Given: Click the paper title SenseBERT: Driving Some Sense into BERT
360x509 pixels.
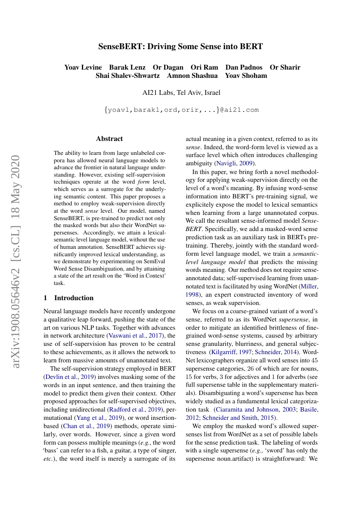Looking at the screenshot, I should tap(180, 46).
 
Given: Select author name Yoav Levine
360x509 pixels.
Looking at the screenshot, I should tap(83, 67).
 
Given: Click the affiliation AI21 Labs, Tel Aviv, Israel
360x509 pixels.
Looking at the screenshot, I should tap(182, 92).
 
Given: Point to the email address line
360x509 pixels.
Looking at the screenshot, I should tap(182, 110).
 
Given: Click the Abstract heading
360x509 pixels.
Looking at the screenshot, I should tap(109, 139).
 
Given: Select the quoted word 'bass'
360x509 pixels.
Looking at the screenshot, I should tap(52, 451).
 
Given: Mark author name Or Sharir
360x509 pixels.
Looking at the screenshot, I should tap(285, 67).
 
